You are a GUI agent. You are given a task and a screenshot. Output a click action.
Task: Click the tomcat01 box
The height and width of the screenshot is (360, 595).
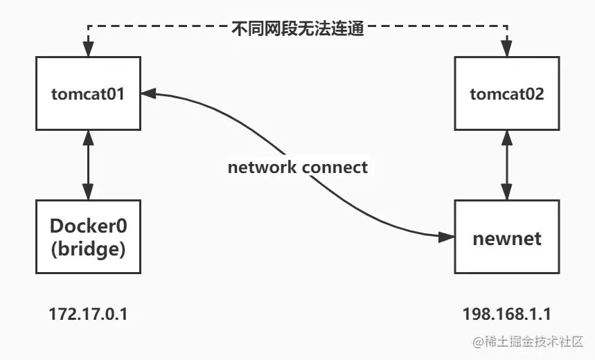(87, 93)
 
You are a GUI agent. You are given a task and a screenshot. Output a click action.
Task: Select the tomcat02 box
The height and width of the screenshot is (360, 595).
(507, 93)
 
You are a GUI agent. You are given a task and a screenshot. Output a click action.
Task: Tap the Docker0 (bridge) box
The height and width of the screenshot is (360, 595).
(87, 237)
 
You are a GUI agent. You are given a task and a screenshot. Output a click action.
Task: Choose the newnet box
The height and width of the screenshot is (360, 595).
(507, 237)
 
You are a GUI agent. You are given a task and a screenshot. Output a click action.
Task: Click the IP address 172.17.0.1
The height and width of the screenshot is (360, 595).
(88, 314)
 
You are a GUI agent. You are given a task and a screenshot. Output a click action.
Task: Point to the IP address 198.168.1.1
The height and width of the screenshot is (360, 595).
(507, 314)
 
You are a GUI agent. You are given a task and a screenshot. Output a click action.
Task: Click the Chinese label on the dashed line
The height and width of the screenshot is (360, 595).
(297, 29)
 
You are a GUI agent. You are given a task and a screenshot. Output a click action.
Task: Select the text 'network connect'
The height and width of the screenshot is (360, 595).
(298, 167)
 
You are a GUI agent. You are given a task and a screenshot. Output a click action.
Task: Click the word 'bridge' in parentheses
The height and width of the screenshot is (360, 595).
(88, 250)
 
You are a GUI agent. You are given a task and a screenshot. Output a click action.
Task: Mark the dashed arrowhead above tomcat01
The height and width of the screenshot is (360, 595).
(87, 51)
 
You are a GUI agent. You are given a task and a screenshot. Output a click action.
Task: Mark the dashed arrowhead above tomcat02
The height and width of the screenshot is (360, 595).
(507, 51)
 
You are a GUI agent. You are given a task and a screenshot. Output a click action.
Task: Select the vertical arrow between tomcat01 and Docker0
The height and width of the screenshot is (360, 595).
(87, 165)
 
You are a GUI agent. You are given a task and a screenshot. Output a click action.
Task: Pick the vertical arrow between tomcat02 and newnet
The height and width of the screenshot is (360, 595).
(507, 165)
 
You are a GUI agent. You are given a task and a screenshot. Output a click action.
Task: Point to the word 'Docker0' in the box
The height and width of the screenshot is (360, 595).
(88, 226)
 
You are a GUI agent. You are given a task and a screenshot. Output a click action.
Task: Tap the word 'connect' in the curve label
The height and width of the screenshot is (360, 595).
(335, 167)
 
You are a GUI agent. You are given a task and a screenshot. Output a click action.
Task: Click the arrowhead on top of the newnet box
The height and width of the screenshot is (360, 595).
(507, 194)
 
